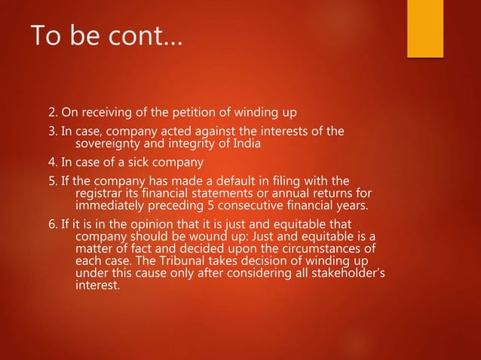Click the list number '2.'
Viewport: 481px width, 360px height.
[x=53, y=114]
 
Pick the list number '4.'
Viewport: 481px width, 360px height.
[x=53, y=163]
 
